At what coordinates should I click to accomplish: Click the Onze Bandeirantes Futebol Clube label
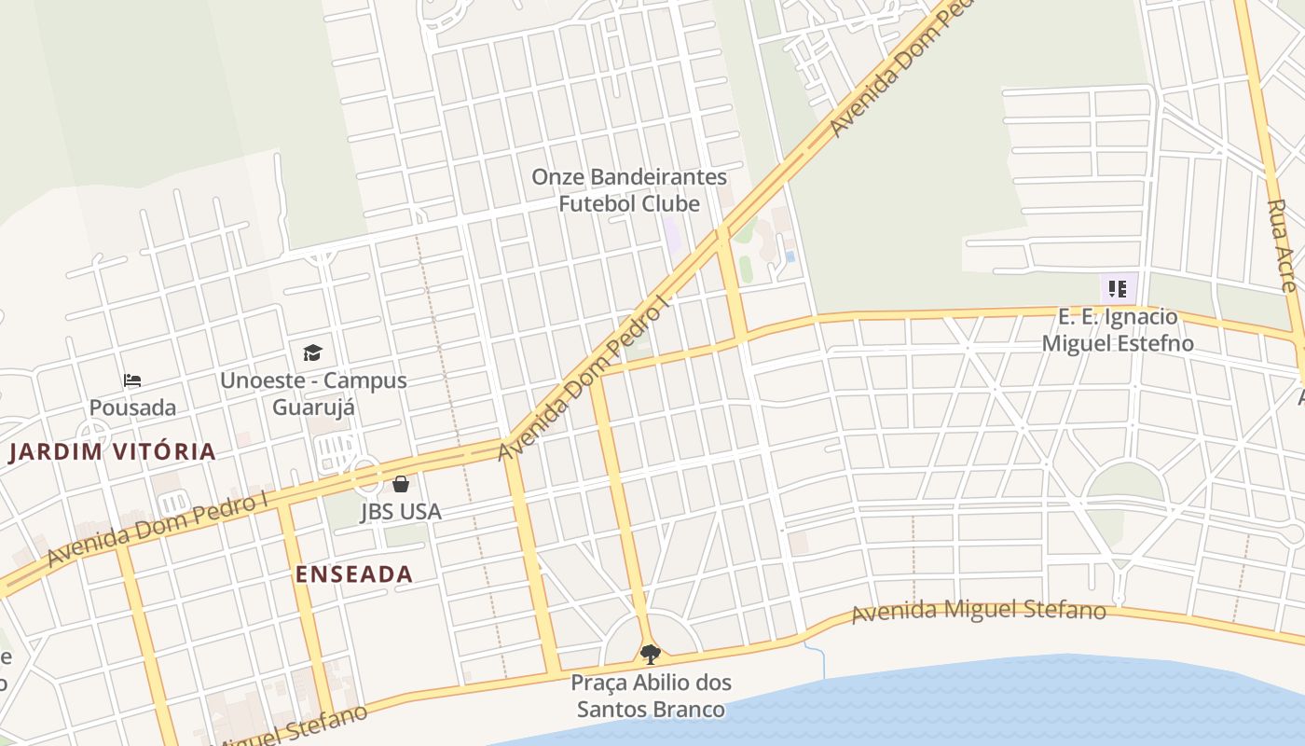(x=629, y=189)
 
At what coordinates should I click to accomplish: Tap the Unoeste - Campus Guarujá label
(x=313, y=394)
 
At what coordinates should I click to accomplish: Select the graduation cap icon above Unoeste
(x=312, y=352)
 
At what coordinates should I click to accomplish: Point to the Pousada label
(x=132, y=408)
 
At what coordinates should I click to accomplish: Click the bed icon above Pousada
(x=132, y=380)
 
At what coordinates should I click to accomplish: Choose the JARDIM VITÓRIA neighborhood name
(x=112, y=452)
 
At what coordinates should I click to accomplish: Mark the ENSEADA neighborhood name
(x=354, y=574)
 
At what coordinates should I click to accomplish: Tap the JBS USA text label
(x=401, y=512)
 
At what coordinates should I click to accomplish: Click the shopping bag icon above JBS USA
(x=401, y=484)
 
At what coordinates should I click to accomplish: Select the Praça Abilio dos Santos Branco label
(x=651, y=696)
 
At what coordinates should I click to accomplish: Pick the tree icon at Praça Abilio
(x=651, y=654)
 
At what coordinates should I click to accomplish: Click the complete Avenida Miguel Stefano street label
(x=979, y=612)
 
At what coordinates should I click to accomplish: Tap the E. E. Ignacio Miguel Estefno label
(x=1118, y=330)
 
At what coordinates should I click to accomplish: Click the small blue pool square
(x=790, y=256)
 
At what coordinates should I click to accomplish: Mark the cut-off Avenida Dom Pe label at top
(x=900, y=70)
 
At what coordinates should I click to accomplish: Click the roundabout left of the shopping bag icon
(x=366, y=475)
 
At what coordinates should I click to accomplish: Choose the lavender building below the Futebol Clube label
(x=672, y=234)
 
